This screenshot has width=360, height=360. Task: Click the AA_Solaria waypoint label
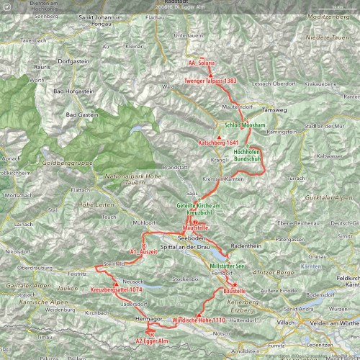tap(201, 63)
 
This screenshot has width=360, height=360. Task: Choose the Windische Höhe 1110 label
tap(199, 319)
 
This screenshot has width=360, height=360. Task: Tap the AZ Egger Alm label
tap(152, 340)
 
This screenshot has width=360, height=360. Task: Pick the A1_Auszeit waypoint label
tap(143, 253)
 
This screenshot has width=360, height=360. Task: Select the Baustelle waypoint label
tap(235, 290)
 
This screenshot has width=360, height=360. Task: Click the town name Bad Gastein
tap(81, 115)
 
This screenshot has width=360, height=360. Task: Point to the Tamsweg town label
tap(274, 111)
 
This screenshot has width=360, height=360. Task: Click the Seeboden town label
tap(193, 238)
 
